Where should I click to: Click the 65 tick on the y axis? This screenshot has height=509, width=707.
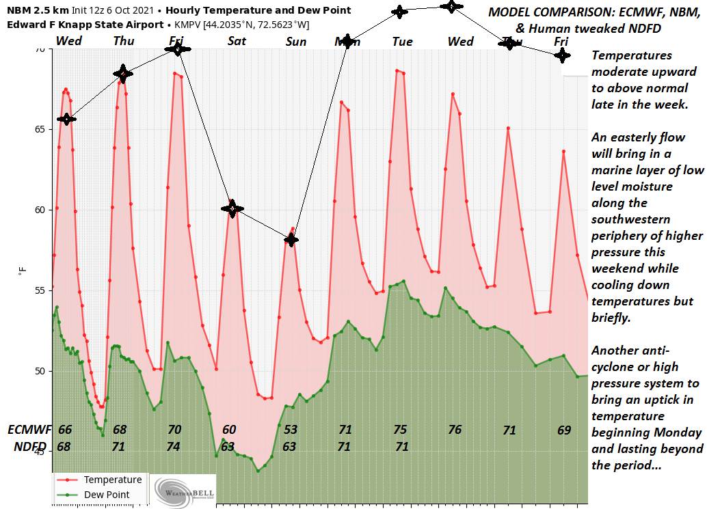[40, 129]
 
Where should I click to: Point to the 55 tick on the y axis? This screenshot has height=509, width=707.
[40, 290]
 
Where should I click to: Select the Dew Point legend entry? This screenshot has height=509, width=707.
[106, 495]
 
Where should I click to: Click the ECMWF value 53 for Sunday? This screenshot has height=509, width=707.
[291, 430]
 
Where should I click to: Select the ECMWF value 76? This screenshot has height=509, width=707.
[455, 430]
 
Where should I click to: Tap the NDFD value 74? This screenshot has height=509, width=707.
[174, 446]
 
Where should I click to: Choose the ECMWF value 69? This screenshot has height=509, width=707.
[563, 430]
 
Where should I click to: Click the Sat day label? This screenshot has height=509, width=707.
[237, 41]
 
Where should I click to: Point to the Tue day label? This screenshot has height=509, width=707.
[402, 42]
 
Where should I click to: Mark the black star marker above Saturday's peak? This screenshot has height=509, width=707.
[232, 208]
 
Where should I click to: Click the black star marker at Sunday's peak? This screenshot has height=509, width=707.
[291, 240]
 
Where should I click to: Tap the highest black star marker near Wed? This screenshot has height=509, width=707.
[451, 6]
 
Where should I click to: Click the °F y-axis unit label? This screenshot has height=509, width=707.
[23, 271]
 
